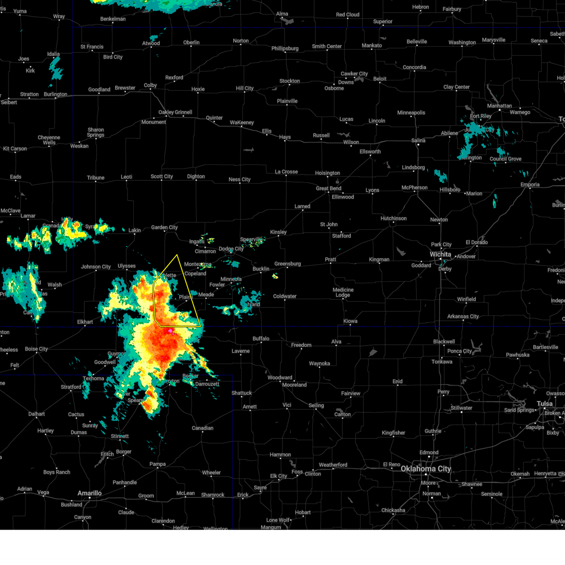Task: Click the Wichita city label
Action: click(x=440, y=254)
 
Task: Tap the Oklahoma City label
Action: click(x=426, y=468)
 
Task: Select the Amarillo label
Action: click(x=89, y=493)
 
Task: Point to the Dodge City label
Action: click(x=231, y=249)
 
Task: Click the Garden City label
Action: click(x=164, y=227)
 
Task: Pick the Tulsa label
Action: click(x=545, y=404)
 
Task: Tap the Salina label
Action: click(x=418, y=140)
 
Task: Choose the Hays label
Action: click(x=285, y=137)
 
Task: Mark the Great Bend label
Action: click(x=329, y=188)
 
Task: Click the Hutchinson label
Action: click(x=393, y=218)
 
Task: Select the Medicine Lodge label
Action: click(x=343, y=292)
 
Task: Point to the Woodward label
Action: click(x=280, y=378)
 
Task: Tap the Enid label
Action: click(x=397, y=381)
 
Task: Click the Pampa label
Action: click(x=157, y=464)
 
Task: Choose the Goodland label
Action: click(x=99, y=89)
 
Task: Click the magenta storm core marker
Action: click(x=170, y=331)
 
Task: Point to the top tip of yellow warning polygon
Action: click(x=177, y=255)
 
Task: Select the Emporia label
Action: click(x=530, y=185)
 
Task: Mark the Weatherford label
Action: click(x=333, y=465)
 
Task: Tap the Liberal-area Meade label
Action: click(x=206, y=295)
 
